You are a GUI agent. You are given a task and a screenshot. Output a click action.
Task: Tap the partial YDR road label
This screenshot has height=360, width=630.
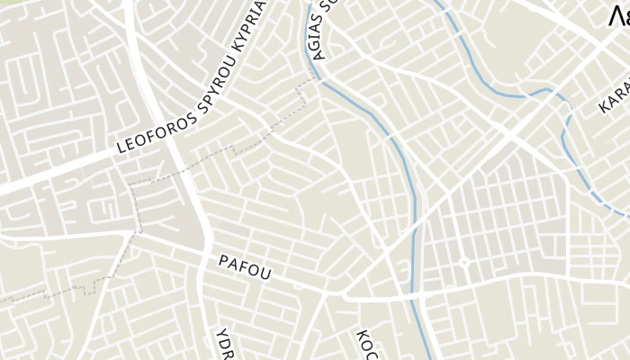tap(225, 343)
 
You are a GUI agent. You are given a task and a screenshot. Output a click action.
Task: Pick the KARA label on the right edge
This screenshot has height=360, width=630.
tap(615, 95)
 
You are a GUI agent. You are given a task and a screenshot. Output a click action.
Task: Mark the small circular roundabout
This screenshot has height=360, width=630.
tap(464, 263)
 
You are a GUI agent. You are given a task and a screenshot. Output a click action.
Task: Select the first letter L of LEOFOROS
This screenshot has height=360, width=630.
tap(121, 150)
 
